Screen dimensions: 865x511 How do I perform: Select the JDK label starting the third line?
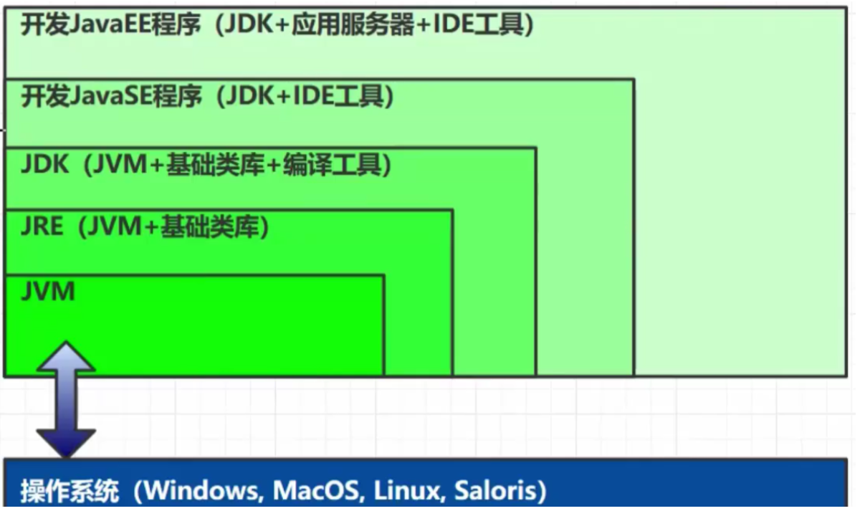(44, 165)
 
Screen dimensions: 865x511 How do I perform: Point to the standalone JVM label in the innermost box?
(47, 292)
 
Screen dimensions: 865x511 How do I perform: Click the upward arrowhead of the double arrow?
(65, 356)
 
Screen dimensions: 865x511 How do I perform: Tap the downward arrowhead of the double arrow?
(65, 442)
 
